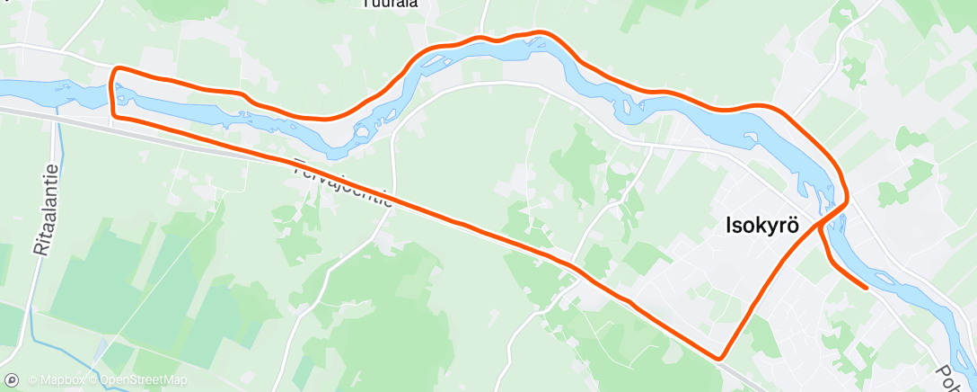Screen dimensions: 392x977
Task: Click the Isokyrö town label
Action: pos(762,227)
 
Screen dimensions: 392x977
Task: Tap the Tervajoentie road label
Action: pos(344,184)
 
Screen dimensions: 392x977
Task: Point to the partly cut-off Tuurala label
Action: pos(390,4)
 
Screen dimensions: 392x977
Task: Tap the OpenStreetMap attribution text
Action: pos(144,379)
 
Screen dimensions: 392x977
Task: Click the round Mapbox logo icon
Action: pos(13,379)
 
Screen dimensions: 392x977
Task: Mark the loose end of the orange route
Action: pos(864,288)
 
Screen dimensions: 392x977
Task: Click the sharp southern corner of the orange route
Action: pos(719,357)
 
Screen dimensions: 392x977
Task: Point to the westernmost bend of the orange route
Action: pos(112,90)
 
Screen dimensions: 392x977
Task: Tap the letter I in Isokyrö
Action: pos(728,227)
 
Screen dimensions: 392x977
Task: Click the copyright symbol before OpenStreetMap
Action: pos(92,379)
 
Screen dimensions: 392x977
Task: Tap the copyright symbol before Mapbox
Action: pos(32,379)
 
